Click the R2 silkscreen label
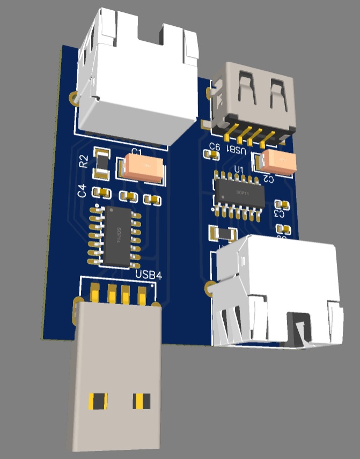(84, 161)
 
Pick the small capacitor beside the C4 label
(100, 192)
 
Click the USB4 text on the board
(149, 275)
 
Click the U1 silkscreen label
(239, 171)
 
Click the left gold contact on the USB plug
(98, 400)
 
